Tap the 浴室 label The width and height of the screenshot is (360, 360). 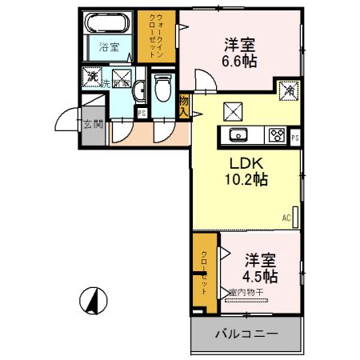[x=109, y=47]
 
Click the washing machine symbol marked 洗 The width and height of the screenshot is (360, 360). [x=94, y=78]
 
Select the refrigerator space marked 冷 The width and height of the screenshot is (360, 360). [x=287, y=91]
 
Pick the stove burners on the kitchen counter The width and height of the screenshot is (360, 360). [x=277, y=134]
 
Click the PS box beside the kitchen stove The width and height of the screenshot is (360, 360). [x=295, y=137]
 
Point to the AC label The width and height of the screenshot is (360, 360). [x=286, y=217]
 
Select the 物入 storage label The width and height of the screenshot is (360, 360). [x=185, y=106]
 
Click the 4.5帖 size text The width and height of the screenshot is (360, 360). [x=260, y=277]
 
